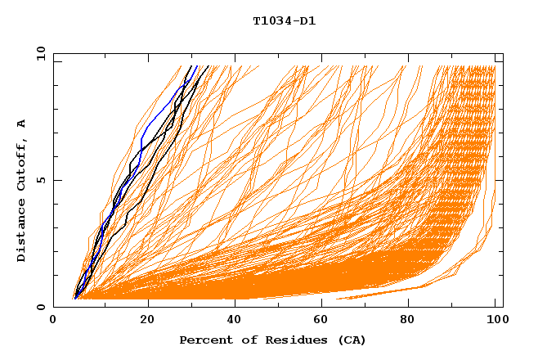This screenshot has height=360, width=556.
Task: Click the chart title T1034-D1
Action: (x=284, y=21)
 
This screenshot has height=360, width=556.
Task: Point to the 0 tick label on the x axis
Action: (x=54, y=322)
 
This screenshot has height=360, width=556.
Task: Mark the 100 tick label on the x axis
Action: (x=495, y=322)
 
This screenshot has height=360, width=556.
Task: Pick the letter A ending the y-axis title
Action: (x=22, y=123)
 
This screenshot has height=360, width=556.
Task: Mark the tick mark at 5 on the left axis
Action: (x=56, y=180)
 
